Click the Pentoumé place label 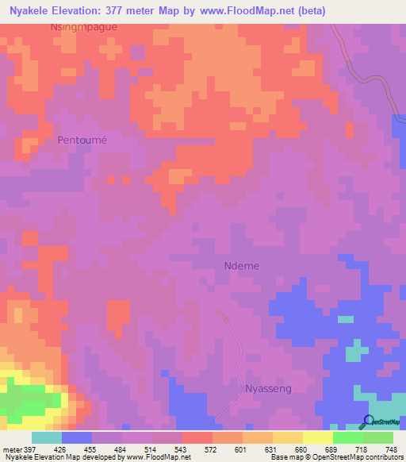click(x=82, y=140)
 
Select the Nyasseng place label click(x=269, y=389)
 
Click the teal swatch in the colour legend click(x=47, y=437)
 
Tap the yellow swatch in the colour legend click(x=318, y=437)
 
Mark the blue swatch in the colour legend click(x=77, y=437)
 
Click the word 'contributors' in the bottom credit click(x=381, y=457)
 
